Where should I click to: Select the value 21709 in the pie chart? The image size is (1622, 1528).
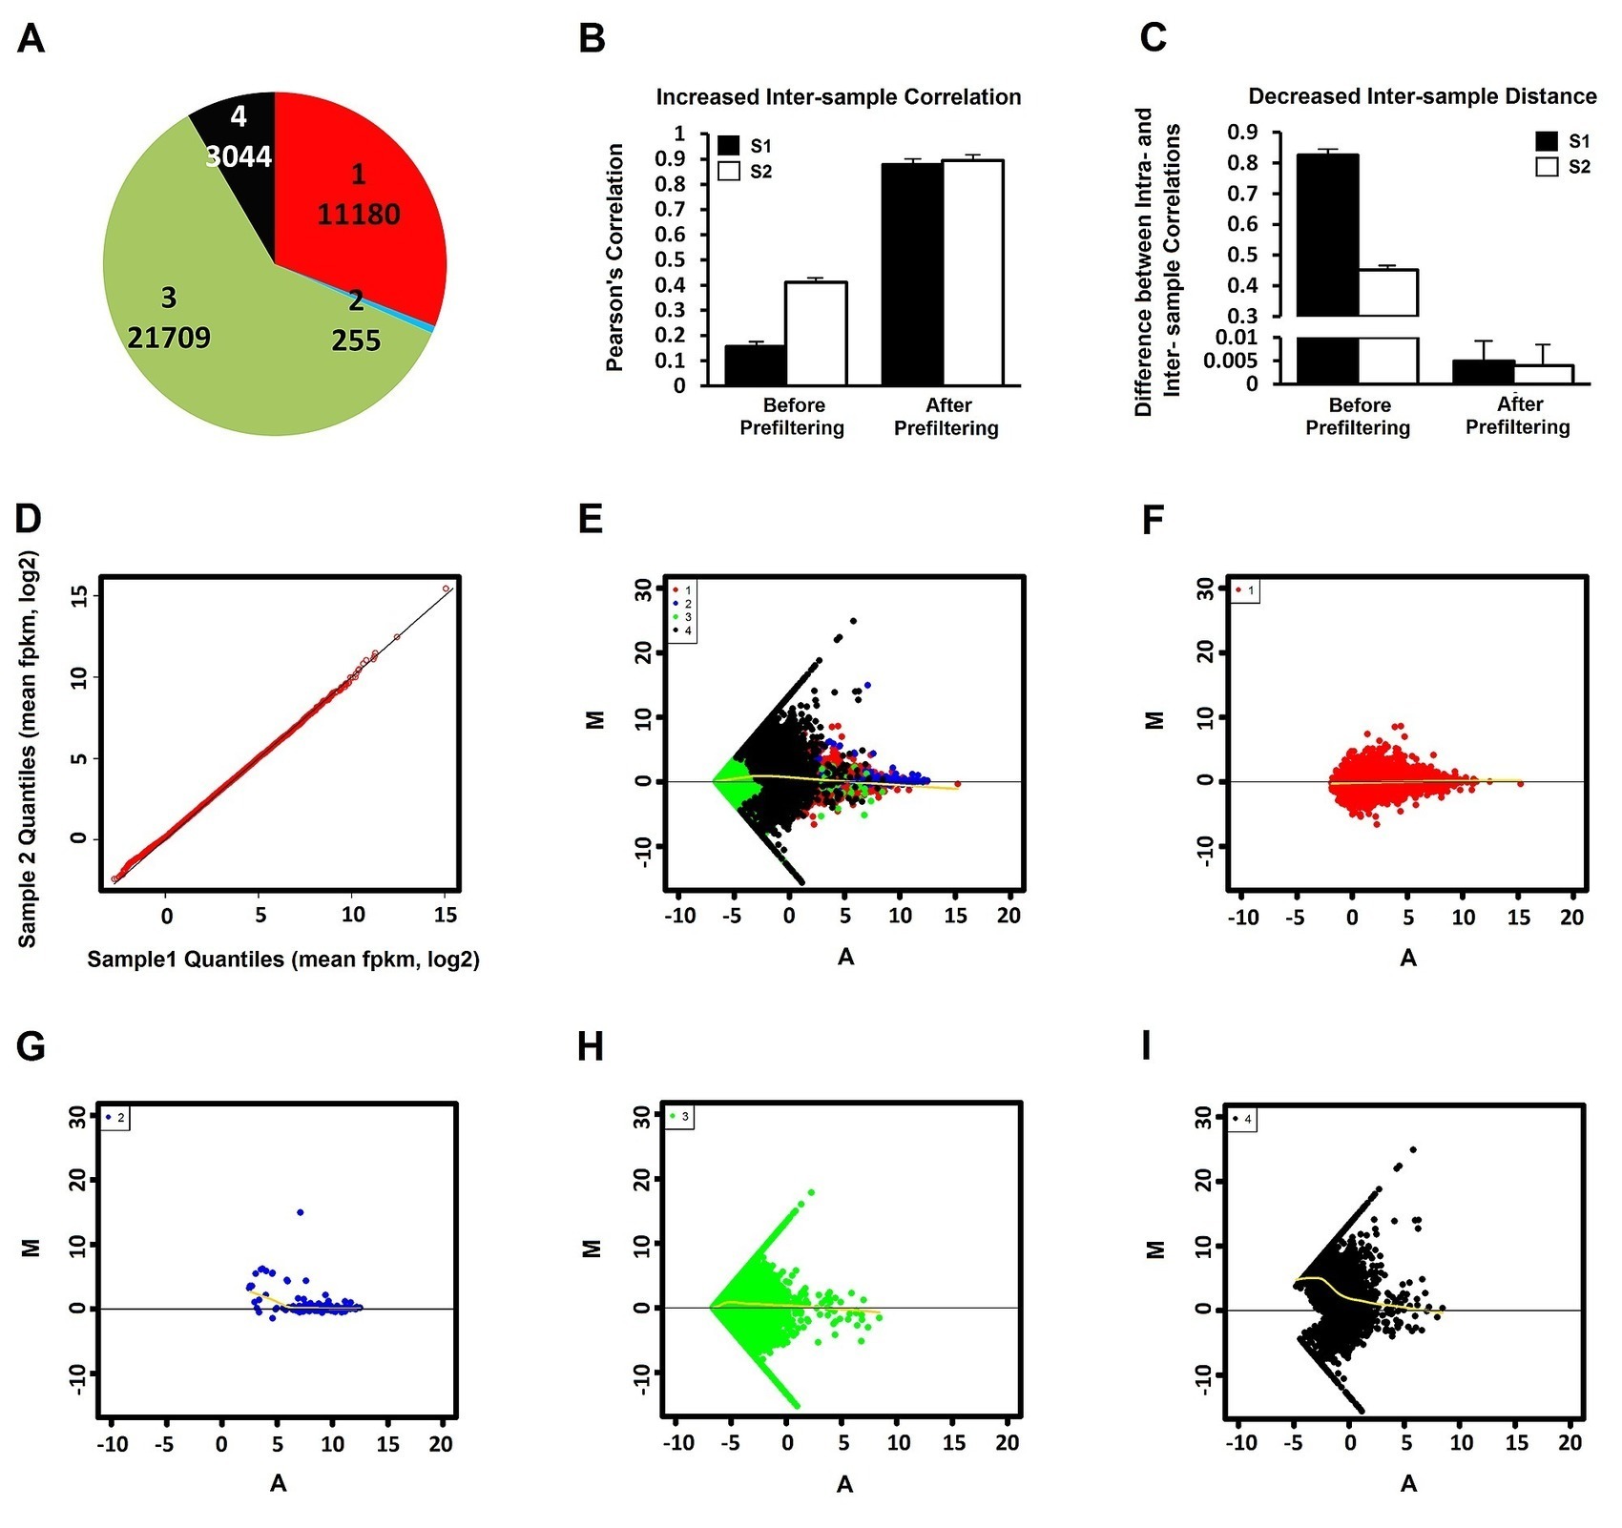(169, 338)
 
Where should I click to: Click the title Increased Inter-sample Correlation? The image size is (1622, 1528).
(838, 97)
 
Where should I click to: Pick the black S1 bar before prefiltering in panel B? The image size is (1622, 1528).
(755, 365)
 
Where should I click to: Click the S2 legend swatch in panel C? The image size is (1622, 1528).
(1547, 167)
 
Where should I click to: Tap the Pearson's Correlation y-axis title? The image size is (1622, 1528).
(615, 258)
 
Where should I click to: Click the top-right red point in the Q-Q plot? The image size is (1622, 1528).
(446, 588)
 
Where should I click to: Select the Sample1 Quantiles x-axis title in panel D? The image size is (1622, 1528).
(283, 960)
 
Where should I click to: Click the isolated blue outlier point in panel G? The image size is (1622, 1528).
(301, 1212)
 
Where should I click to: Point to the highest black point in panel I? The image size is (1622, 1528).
(1413, 1149)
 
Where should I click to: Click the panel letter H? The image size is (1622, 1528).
(591, 1047)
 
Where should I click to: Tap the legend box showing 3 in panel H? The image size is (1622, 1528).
(679, 1116)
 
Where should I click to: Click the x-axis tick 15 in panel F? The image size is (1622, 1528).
(1518, 918)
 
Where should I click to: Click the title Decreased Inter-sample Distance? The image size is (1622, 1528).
(1422, 96)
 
